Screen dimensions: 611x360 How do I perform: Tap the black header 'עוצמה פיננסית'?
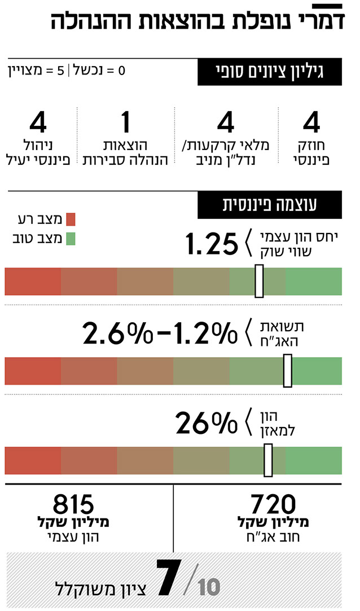coord(269,205)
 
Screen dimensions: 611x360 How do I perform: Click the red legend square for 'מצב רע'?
coord(71,219)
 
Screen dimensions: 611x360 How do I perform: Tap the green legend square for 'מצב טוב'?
coord(71,239)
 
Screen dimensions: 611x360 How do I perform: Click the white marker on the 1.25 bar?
coord(259,281)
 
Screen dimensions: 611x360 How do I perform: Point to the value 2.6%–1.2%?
coord(159,333)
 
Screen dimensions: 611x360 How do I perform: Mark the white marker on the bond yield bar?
coord(287,371)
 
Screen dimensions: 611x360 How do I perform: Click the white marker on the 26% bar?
coord(268,460)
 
